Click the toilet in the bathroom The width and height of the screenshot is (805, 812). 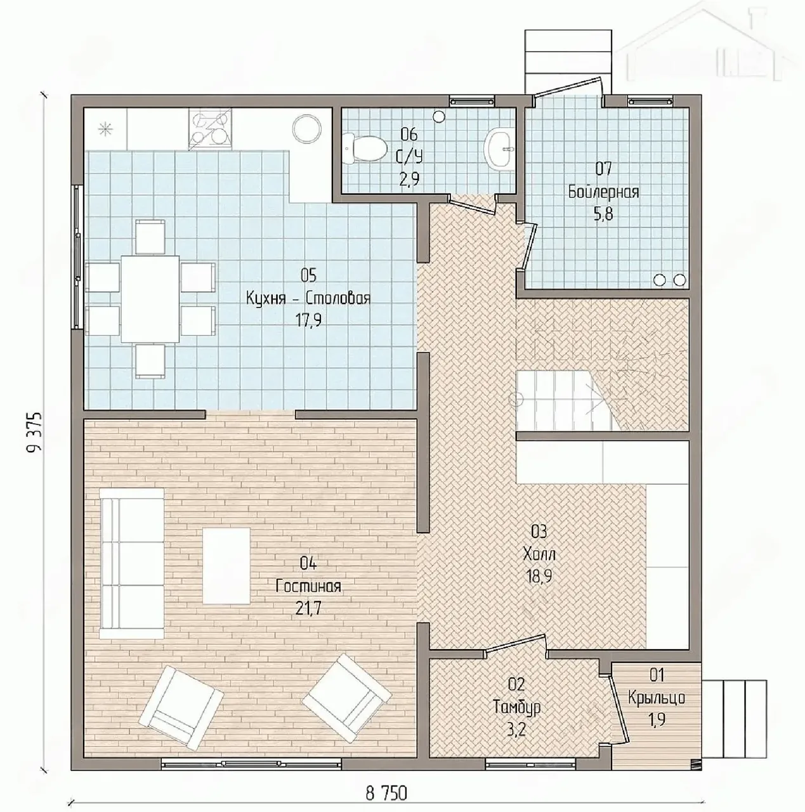pos(365,149)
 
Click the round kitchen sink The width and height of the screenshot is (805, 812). pos(307,129)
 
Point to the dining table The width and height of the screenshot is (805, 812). pos(150,299)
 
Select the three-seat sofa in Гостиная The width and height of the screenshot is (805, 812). pos(132,564)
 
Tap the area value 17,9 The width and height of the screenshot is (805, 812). pos(308,320)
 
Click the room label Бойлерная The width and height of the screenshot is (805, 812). pos(603,192)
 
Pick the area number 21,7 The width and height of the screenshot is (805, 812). pos(308,608)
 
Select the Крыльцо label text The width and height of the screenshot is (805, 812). pos(656,698)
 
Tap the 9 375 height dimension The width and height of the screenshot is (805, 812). pos(35,432)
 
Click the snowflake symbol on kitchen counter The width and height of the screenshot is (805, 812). pos(104,129)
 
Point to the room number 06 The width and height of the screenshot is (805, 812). pos(409,135)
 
